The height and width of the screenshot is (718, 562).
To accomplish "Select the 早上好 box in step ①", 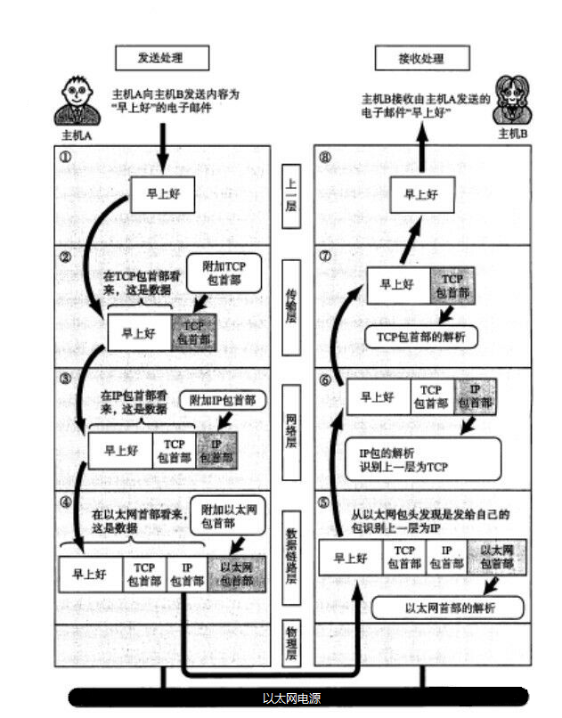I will tap(161, 192).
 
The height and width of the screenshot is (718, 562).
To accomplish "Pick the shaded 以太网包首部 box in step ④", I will tap(236, 574).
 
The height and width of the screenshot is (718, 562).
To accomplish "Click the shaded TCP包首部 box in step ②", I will tap(192, 332).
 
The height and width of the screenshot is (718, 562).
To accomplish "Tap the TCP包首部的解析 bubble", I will tap(420, 336).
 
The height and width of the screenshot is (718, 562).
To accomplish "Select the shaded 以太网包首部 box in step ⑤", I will tap(496, 557).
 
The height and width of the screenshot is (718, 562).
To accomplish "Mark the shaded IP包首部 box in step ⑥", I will tap(474, 396).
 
